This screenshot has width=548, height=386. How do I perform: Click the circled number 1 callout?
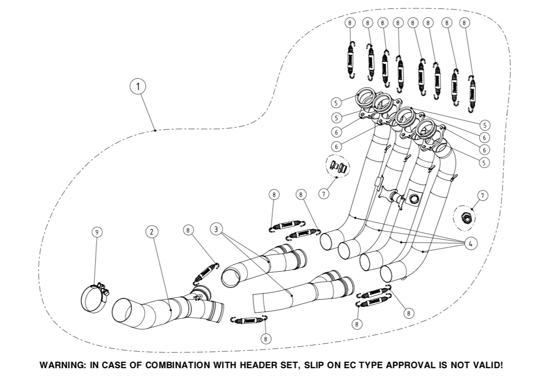(x=138, y=87)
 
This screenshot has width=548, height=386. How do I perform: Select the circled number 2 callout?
(x=152, y=231)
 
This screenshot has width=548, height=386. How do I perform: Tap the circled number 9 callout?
(x=97, y=232)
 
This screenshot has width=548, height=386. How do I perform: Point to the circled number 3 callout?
(x=215, y=228)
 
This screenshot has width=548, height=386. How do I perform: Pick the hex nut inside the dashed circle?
(x=466, y=217)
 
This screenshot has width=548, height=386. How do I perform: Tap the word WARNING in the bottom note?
(x=61, y=366)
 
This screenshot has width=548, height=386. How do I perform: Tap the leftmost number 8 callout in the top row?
(x=350, y=23)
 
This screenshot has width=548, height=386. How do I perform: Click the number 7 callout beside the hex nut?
(x=483, y=195)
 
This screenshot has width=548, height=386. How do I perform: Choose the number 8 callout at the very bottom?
(x=266, y=338)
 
